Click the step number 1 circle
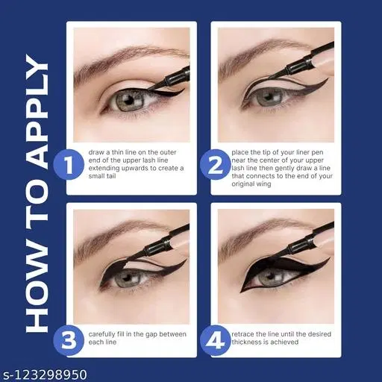click(69, 165)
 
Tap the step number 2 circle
click(215, 165)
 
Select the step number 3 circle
click(69, 340)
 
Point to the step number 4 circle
click(215, 340)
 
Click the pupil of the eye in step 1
click(129, 101)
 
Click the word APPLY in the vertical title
click(37, 111)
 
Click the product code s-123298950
click(44, 375)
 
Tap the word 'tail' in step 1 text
click(110, 176)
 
